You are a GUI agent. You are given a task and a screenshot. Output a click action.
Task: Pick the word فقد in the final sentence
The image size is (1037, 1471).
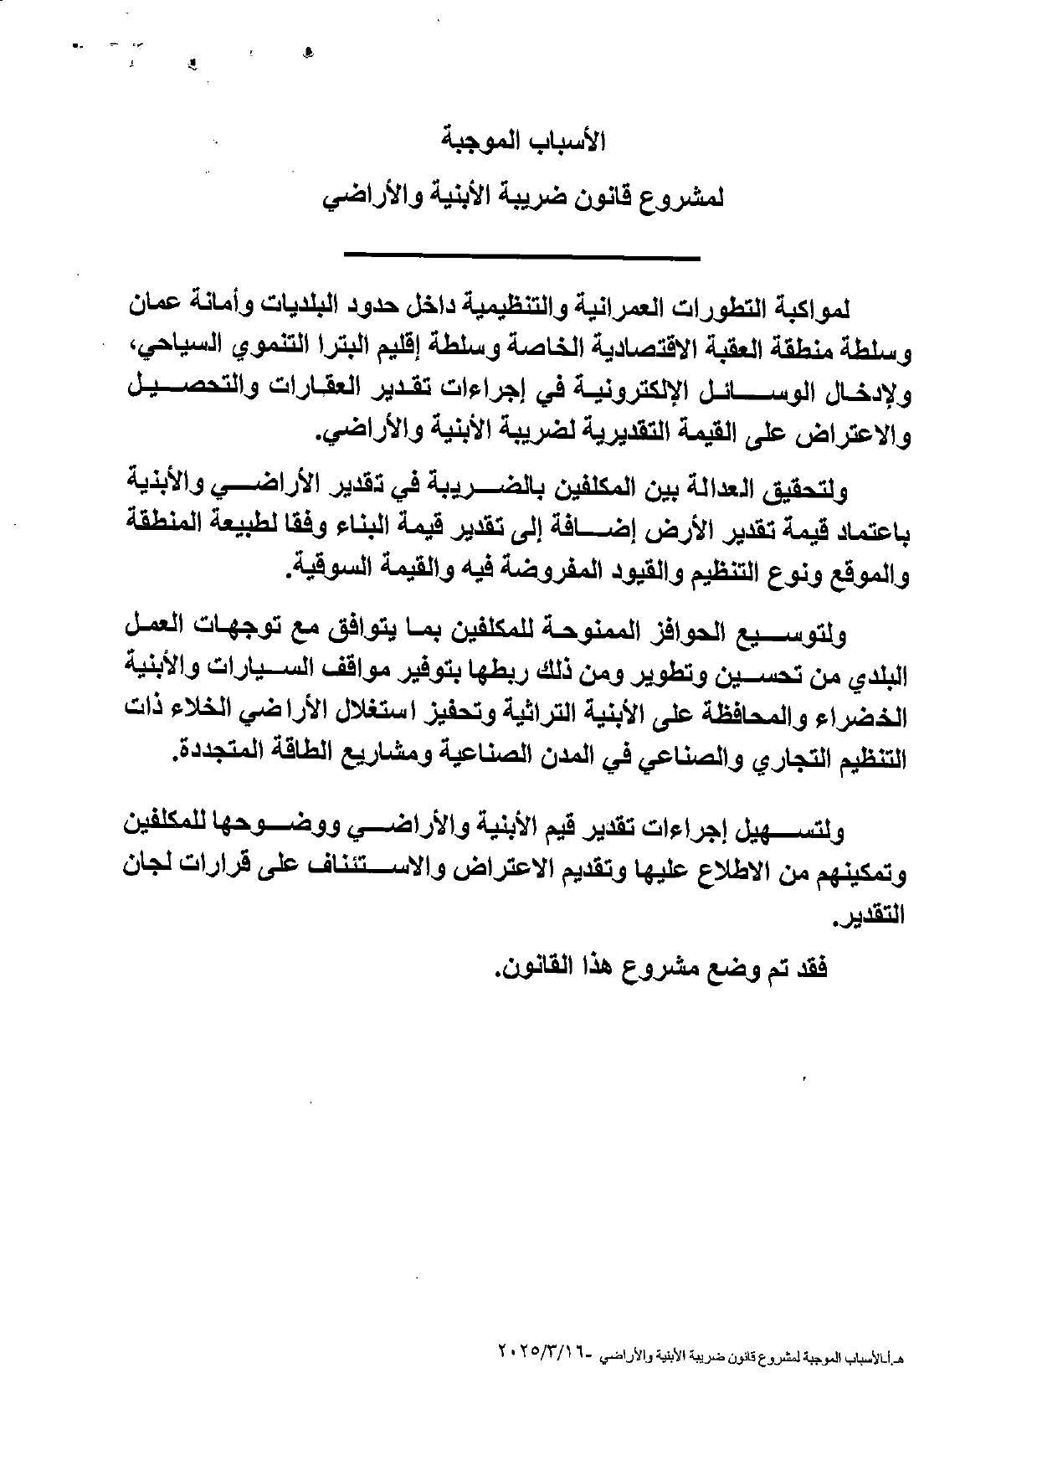[x=809, y=970]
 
